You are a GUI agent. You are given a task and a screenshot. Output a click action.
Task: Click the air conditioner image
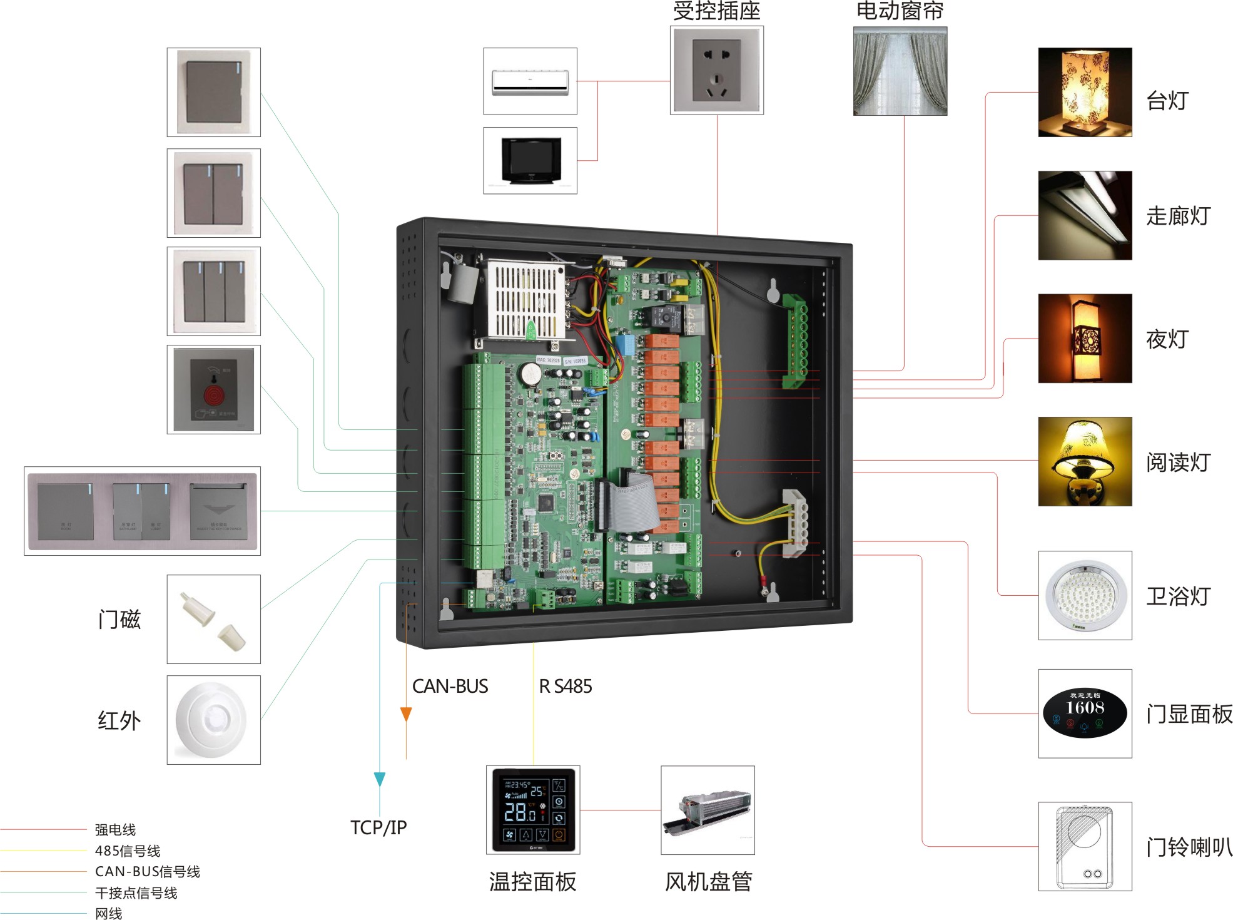(530, 82)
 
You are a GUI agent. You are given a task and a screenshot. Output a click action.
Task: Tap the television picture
(530, 160)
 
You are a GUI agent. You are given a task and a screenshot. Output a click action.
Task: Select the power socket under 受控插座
(716, 71)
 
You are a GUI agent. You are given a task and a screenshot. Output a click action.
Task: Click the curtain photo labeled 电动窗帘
(900, 71)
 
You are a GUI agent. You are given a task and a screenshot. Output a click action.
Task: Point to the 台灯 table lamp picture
(1084, 93)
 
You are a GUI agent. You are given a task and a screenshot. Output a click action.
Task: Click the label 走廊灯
(1178, 216)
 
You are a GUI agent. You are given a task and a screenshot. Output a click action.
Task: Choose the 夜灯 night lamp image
(1084, 339)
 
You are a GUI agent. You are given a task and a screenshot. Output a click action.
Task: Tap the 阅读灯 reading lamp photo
(1084, 461)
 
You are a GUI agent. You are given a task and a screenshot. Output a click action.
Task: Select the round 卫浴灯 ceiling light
(1084, 595)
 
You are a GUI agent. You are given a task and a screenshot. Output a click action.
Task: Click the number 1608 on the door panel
(1085, 708)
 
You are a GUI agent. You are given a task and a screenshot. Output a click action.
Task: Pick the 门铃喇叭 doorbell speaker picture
(1084, 846)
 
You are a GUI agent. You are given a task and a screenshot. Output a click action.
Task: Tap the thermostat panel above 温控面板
(532, 810)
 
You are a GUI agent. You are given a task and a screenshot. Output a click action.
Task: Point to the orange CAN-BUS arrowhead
(406, 714)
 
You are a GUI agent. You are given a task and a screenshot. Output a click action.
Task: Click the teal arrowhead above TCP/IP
(379, 779)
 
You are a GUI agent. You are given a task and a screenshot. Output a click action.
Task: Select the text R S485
(565, 687)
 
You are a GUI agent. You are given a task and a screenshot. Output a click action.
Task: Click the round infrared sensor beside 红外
(213, 720)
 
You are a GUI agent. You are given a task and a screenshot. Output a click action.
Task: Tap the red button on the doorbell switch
(213, 396)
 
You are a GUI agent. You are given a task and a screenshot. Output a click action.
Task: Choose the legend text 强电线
(115, 830)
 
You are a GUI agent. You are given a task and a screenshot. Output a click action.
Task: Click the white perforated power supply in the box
(525, 300)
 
